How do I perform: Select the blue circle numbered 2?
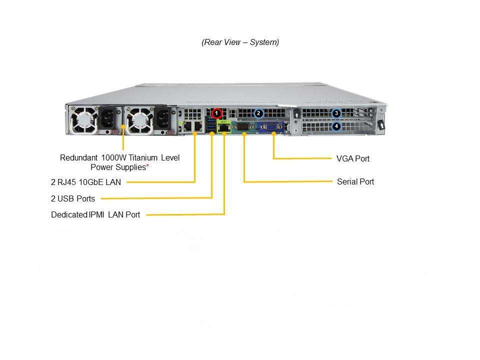(258, 113)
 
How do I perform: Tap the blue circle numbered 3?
(336, 113)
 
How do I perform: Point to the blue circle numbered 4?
(336, 126)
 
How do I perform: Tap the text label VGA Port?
(353, 159)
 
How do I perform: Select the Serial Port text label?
(355, 182)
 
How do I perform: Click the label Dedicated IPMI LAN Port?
(95, 215)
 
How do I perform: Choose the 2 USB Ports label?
(73, 198)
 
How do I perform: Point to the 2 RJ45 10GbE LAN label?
(86, 182)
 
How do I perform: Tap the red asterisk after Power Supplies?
(147, 167)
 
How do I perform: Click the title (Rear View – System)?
(240, 42)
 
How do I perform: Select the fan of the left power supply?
(83, 121)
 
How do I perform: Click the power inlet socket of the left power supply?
(108, 120)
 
